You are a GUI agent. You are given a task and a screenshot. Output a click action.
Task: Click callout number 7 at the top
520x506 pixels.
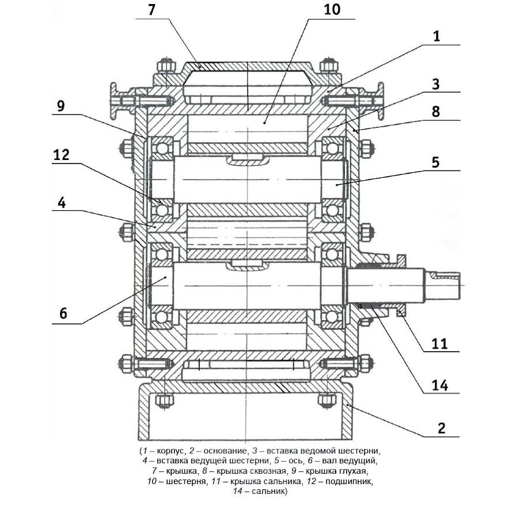click(x=151, y=10)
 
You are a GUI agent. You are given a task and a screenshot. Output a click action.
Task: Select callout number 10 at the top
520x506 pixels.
click(x=332, y=10)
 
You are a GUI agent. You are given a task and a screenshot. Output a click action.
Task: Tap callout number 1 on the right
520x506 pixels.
click(x=436, y=36)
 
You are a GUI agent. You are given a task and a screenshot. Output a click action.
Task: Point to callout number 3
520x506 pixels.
click(x=436, y=84)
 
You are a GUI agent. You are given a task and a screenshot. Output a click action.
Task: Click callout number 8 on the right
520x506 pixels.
click(x=436, y=111)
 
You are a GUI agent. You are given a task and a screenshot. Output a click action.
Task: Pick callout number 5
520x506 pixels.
click(x=436, y=162)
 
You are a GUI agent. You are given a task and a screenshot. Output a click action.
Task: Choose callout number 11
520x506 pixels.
click(x=440, y=344)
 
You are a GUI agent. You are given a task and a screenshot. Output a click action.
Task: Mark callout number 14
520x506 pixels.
click(x=440, y=386)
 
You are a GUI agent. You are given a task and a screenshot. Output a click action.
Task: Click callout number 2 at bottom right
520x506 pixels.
click(x=441, y=428)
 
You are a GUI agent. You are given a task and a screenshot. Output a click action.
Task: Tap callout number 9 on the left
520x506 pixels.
click(x=61, y=106)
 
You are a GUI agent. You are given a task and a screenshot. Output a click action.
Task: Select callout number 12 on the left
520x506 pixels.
click(x=61, y=155)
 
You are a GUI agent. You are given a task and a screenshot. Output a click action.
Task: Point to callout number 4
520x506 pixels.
click(x=62, y=203)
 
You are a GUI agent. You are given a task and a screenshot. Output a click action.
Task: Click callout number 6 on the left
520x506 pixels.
click(x=63, y=313)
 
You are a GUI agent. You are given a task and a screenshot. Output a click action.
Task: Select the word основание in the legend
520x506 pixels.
click(x=225, y=451)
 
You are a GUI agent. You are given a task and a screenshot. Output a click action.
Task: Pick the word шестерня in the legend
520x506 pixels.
click(x=185, y=482)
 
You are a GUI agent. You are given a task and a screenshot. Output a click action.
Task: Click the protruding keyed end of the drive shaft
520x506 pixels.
click(x=442, y=285)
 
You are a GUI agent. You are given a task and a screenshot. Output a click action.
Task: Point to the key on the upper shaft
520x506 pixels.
click(x=247, y=159)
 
